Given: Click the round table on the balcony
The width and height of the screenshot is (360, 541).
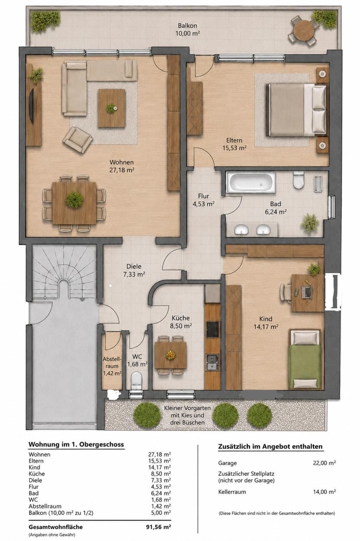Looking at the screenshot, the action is (304, 30).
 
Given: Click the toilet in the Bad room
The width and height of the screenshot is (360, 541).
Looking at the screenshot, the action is (299, 180).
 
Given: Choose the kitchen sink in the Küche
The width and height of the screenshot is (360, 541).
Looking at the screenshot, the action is (212, 363).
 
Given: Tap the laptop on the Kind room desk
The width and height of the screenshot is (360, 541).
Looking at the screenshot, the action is (306, 292).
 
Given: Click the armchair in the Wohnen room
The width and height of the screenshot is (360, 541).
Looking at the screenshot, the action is (77, 140).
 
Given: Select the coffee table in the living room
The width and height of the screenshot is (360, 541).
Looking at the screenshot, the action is (112, 108).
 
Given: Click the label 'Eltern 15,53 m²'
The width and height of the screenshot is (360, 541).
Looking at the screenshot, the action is (234, 144).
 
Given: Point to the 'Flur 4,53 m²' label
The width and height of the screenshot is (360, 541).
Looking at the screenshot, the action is (204, 200).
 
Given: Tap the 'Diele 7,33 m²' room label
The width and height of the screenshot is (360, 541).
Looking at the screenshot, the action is (134, 270).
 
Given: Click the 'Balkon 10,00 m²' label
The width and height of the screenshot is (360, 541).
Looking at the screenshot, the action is (187, 29).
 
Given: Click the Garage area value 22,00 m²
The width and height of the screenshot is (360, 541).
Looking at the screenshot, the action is (324, 463).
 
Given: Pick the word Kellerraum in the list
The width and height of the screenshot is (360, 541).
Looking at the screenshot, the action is (232, 492).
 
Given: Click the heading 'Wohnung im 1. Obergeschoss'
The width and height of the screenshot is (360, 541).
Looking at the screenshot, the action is (76, 444).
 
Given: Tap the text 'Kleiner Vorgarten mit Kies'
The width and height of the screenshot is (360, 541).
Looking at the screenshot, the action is (187, 412).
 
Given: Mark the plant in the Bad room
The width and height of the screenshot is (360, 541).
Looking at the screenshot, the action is (310, 222).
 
